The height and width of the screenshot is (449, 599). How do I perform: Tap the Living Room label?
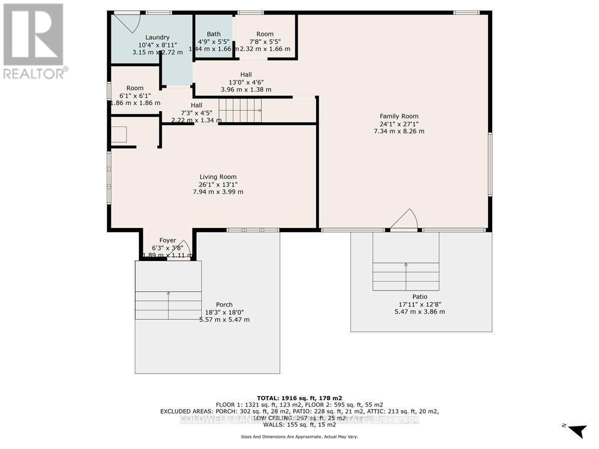click(218, 177)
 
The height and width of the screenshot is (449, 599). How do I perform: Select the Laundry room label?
click(157, 37)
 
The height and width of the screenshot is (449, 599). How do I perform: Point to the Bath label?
click(214, 34)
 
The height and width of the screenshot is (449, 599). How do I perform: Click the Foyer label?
click(167, 240)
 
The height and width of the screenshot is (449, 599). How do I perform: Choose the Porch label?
click(224, 305)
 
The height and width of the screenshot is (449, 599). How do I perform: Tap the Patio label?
click(419, 296)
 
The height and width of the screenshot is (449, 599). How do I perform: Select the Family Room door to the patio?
click(404, 221)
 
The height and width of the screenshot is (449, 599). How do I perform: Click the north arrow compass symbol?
click(577, 431)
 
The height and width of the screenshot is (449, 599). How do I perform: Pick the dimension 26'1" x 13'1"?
click(218, 184)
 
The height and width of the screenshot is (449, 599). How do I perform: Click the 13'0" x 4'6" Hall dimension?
click(246, 82)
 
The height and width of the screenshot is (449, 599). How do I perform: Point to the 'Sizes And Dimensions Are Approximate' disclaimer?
click(299, 437)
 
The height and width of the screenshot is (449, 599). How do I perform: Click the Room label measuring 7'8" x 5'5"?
click(265, 34)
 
